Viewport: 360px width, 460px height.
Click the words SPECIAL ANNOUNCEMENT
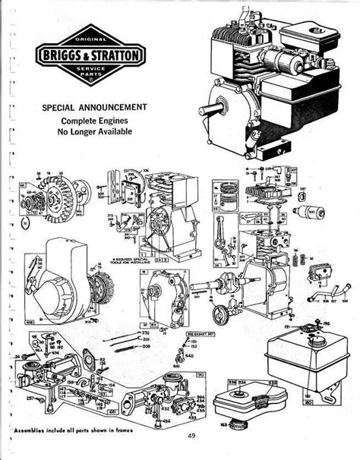point(94,107)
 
